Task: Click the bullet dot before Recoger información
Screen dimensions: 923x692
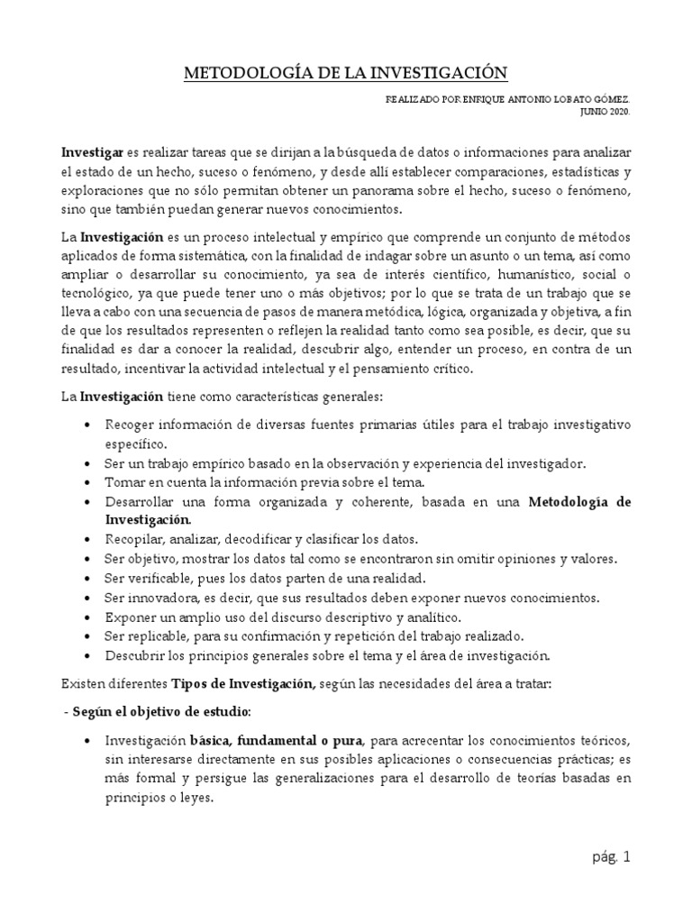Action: coord(85,425)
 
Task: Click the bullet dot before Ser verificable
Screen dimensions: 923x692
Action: coord(85,579)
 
